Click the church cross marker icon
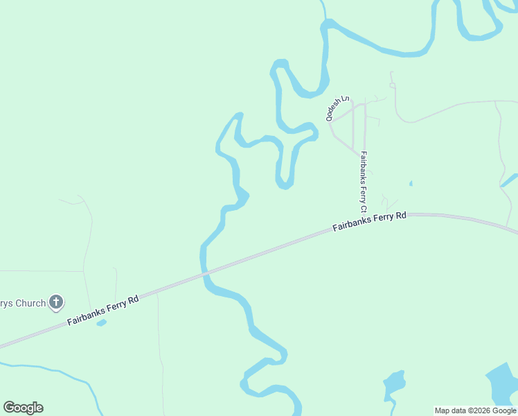click(x=57, y=303)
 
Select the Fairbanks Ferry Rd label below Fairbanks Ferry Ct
click(x=369, y=222)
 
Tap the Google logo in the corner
click(x=23, y=408)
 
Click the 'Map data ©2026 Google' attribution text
click(x=476, y=410)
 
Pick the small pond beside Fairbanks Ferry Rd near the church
click(x=102, y=322)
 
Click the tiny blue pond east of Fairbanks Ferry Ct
click(x=411, y=184)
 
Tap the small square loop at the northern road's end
click(x=392, y=85)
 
